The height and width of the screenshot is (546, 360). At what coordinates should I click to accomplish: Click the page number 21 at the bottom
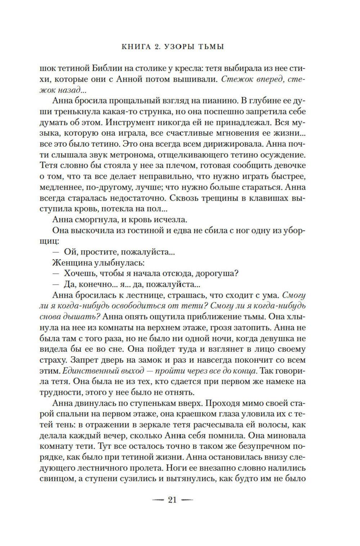172,500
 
